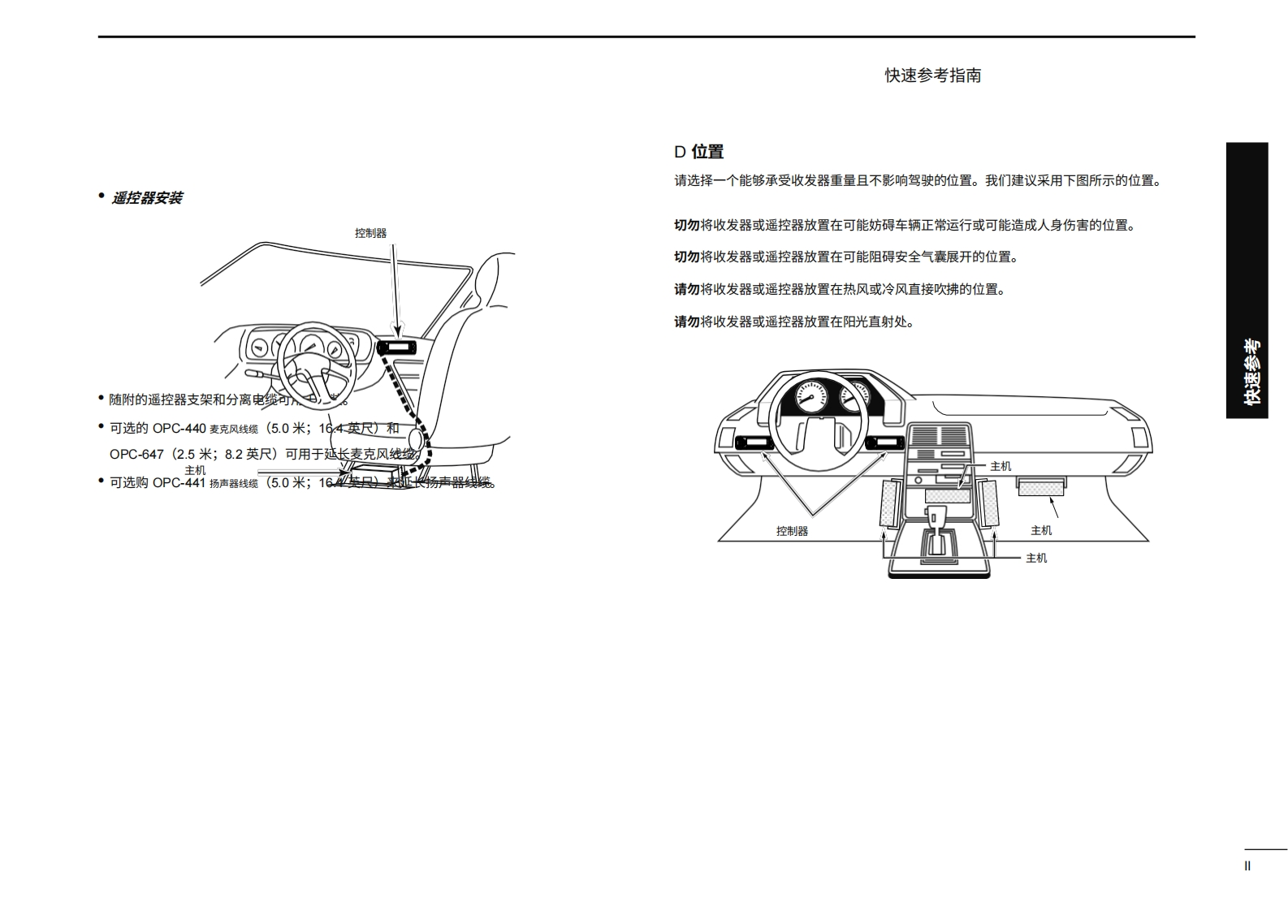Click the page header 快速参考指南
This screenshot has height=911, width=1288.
[932, 76]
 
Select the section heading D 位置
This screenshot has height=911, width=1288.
[698, 152]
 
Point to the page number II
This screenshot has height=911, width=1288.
[1247, 866]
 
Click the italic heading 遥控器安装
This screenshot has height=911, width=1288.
[146, 198]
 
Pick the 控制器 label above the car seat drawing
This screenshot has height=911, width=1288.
[370, 233]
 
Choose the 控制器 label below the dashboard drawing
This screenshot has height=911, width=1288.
[792, 531]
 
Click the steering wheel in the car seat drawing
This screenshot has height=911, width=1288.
[316, 362]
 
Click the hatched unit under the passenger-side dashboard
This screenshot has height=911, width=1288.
[1041, 488]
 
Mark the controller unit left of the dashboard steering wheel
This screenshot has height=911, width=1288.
[754, 443]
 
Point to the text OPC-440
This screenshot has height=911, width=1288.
[179, 428]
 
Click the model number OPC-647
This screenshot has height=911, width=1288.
[136, 455]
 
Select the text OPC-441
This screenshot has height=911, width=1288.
[179, 482]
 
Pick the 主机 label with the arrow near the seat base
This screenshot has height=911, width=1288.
[195, 470]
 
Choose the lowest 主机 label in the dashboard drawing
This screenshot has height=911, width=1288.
[1036, 558]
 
